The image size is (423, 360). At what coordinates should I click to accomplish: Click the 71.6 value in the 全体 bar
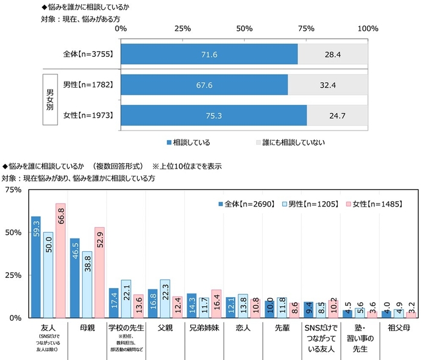pos(209,54)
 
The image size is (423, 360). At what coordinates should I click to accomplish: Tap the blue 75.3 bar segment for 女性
pos(214,115)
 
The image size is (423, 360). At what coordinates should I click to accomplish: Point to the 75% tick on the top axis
pos(306,29)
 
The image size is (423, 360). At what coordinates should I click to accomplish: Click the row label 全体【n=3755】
pos(89,54)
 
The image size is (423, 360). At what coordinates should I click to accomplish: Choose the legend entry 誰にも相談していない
pos(290,143)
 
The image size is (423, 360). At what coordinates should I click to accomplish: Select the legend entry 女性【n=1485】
pos(373,204)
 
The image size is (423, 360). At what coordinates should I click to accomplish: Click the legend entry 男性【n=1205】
pos(311,204)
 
